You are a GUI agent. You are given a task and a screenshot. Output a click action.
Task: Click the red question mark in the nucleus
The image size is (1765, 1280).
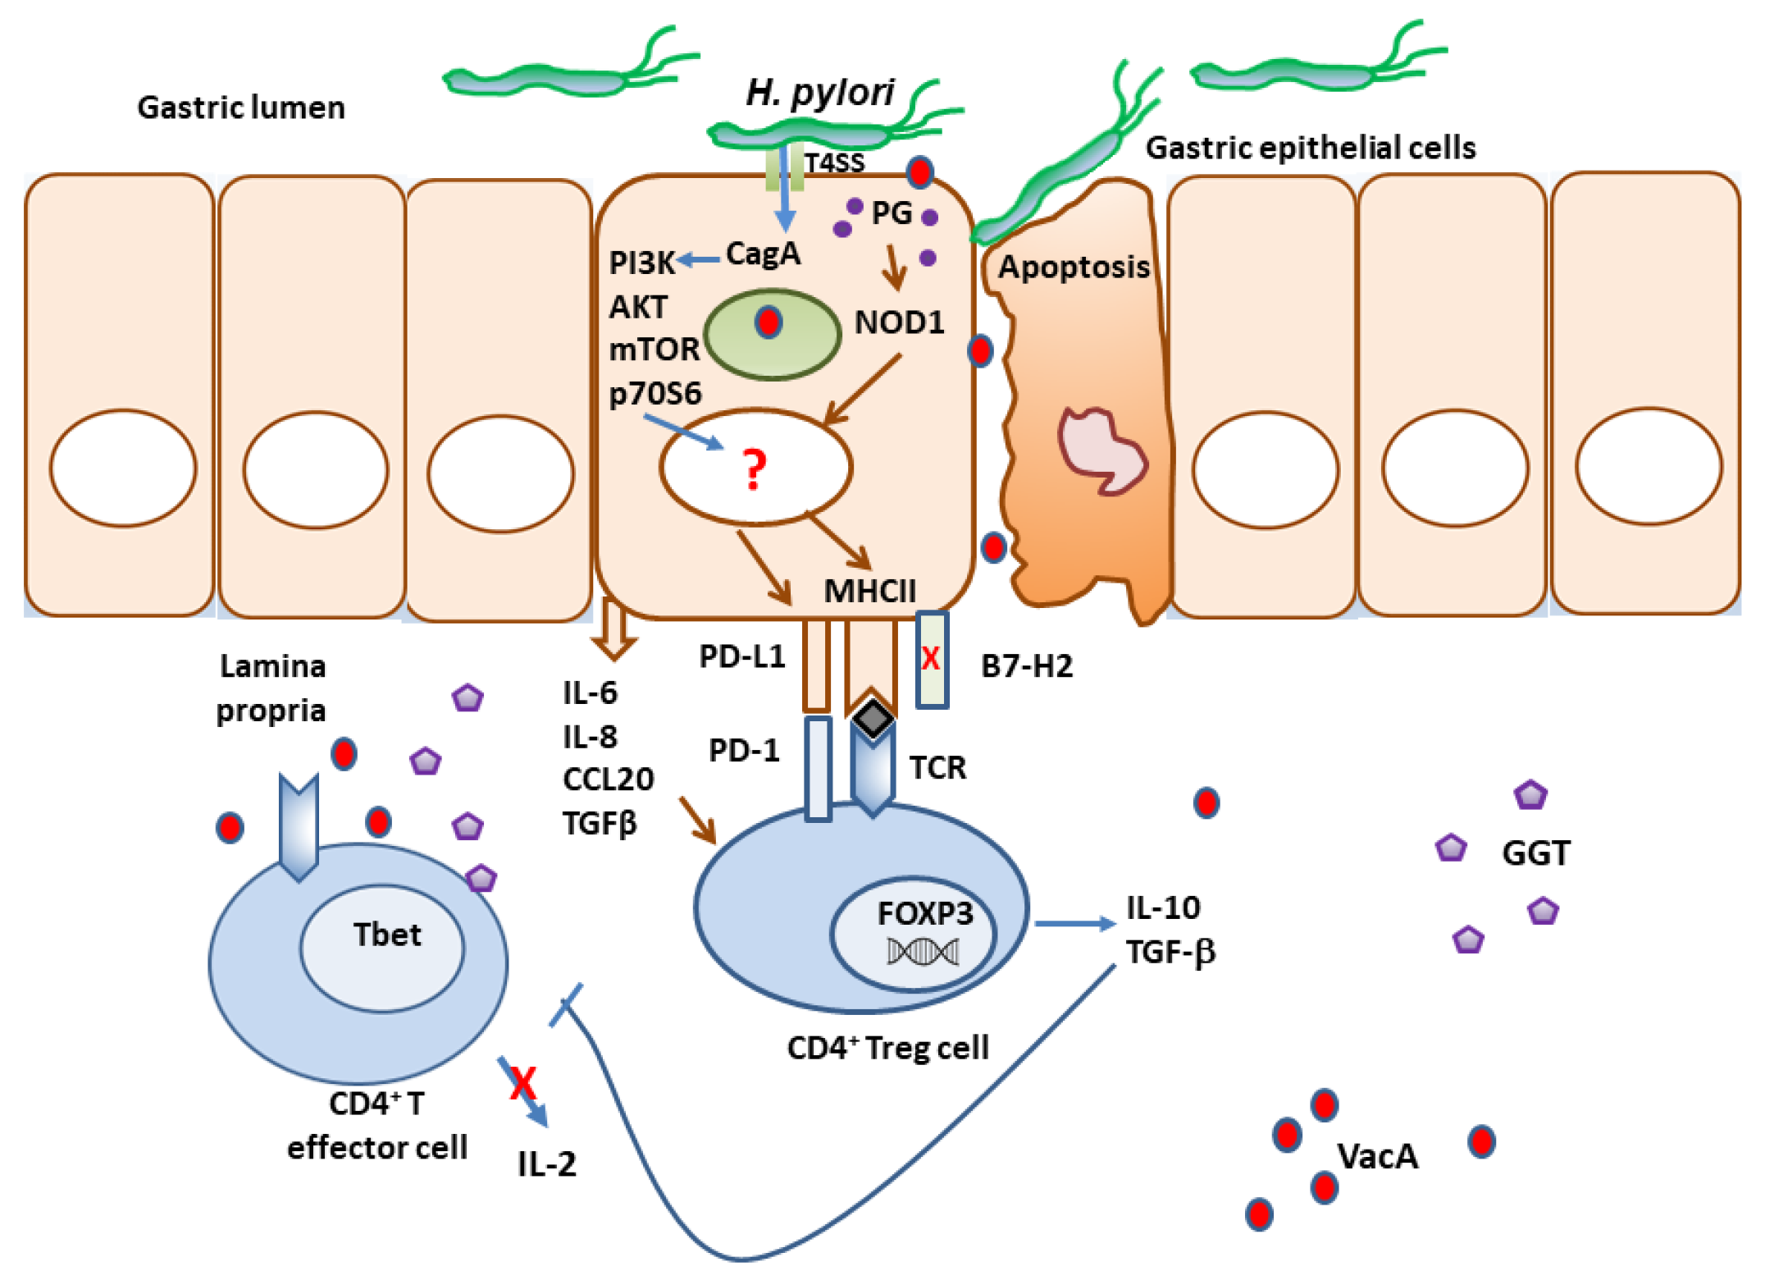point(754,469)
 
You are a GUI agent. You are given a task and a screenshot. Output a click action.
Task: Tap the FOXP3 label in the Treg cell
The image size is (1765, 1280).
point(924,913)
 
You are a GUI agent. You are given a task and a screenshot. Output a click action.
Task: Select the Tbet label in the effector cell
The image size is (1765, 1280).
point(386,935)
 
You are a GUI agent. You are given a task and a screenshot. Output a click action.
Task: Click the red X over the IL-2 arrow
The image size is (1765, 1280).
point(522,1083)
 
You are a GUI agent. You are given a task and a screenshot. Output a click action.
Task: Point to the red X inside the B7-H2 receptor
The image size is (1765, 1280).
point(930,658)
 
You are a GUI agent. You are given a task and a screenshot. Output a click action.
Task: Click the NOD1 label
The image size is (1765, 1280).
point(899,322)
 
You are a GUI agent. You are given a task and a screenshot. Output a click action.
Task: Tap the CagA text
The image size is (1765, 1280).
point(763,254)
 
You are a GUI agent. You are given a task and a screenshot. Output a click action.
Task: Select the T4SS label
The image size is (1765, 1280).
point(834,163)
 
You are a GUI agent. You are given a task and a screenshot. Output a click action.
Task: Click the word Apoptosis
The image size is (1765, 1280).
point(1073,267)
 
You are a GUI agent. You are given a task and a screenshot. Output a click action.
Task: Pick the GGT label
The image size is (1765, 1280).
point(1535,853)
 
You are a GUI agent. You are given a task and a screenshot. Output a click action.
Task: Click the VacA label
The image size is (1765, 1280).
point(1377,1156)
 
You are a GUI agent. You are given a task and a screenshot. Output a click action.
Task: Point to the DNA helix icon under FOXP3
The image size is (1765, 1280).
point(923,952)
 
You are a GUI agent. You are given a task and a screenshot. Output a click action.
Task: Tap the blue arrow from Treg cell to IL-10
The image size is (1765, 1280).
point(1074,924)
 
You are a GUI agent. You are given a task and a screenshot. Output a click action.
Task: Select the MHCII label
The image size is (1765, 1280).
point(869,591)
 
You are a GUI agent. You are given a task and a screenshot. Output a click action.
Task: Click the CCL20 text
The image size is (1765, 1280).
point(608,779)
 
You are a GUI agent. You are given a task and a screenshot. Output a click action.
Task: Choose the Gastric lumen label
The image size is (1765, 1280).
point(240,107)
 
